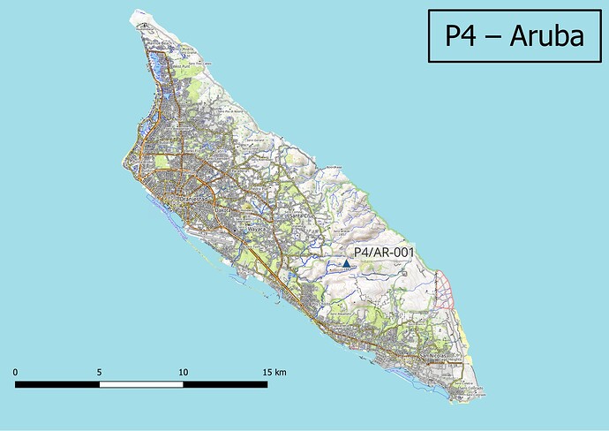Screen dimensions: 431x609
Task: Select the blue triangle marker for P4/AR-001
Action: click(346, 263)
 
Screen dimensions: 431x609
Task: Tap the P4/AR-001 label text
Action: click(383, 253)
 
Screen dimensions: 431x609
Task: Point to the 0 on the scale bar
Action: click(16, 372)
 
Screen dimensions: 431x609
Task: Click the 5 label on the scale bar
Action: click(99, 372)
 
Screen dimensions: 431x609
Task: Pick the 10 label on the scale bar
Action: click(183, 372)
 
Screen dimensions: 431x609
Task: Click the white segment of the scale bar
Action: click(141, 384)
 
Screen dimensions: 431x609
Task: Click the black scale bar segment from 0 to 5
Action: click(57, 384)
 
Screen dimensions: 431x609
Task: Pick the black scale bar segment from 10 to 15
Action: click(225, 384)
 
